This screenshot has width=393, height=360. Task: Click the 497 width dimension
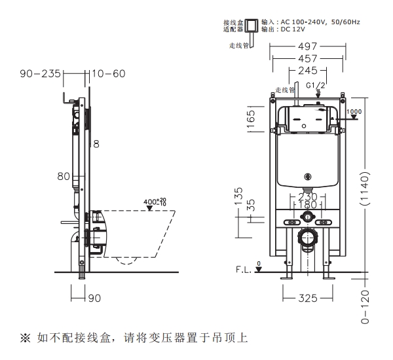pyautogui.click(x=307, y=46)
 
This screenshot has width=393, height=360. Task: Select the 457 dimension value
pyautogui.click(x=307, y=58)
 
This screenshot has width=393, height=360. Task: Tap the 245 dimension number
pyautogui.click(x=307, y=71)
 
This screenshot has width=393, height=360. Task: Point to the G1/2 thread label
pyautogui.click(x=316, y=85)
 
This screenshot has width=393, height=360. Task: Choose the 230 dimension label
pyautogui.click(x=307, y=196)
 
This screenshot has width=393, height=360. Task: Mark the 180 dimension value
pyautogui.click(x=307, y=206)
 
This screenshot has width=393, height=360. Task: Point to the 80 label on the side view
pyautogui.click(x=64, y=176)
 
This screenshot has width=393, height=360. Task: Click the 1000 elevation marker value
pyautogui.click(x=354, y=112)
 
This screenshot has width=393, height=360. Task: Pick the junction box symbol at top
pyautogui.click(x=250, y=27)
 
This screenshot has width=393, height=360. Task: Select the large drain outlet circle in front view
pyautogui.click(x=307, y=237)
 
